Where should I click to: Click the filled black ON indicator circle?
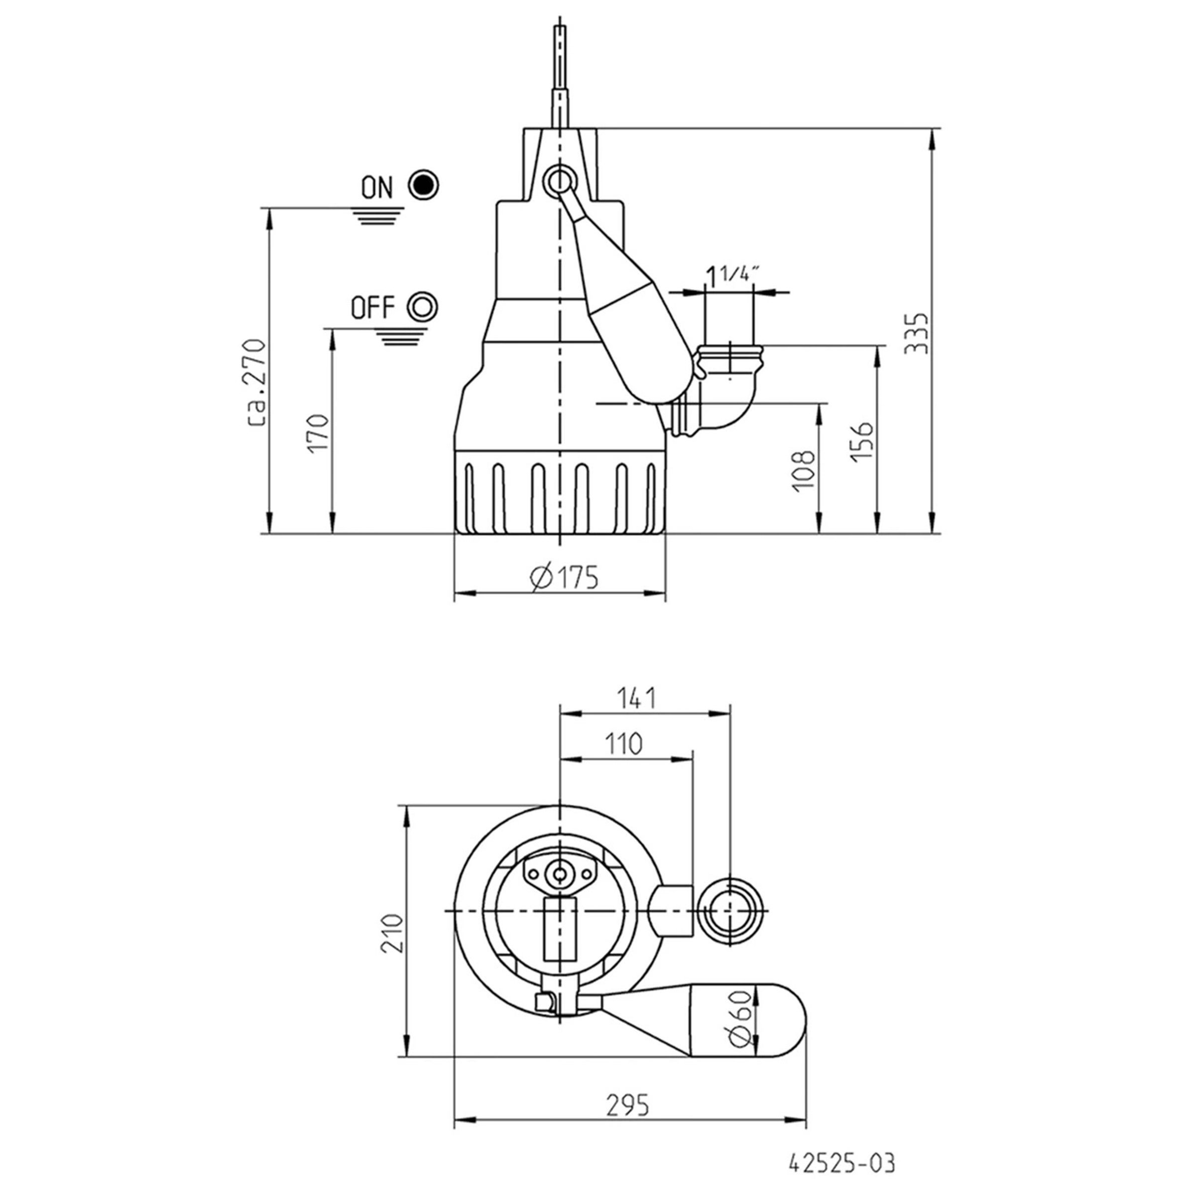(424, 185)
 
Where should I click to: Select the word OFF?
(372, 307)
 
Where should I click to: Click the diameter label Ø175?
(564, 578)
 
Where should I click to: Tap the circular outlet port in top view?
(730, 911)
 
